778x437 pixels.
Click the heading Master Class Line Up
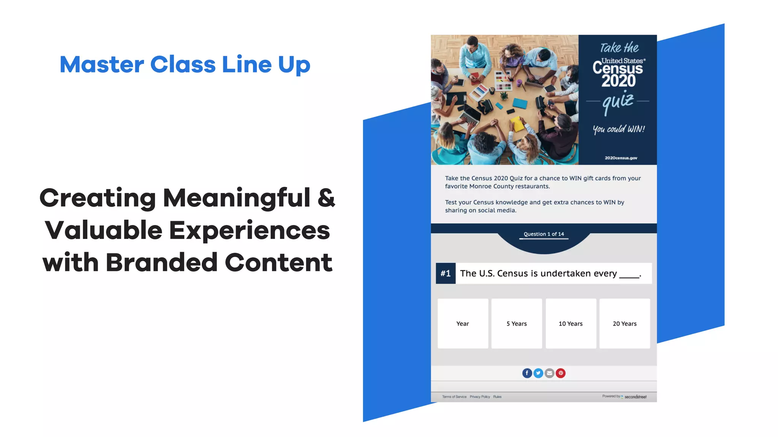point(185,64)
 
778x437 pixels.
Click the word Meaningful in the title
point(236,198)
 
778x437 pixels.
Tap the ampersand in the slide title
point(326,198)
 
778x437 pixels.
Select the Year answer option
point(463,324)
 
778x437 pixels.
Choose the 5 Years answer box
point(517,324)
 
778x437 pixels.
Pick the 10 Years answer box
point(571,324)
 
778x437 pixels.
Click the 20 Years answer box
point(625,324)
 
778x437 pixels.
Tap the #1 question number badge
point(446,274)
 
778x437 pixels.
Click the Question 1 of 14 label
point(544,234)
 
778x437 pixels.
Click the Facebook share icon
point(527,373)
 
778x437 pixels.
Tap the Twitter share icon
point(538,373)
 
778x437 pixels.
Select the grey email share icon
point(549,373)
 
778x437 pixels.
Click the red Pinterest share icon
point(561,373)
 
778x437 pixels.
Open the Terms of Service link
point(454,397)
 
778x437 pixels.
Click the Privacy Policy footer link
point(480,397)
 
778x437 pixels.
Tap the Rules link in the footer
point(497,397)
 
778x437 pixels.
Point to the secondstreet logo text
point(636,397)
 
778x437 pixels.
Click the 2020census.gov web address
point(621,158)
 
